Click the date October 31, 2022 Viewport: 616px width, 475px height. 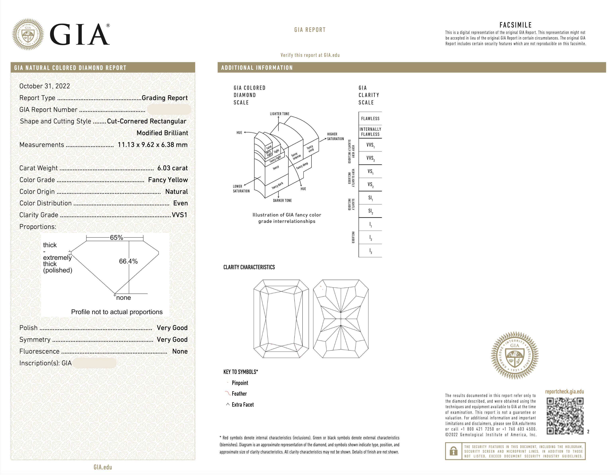45,86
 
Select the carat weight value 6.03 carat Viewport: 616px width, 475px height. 172,168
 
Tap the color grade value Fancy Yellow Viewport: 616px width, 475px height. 168,180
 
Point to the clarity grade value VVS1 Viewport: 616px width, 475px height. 179,215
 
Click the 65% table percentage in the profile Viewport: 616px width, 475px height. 116,237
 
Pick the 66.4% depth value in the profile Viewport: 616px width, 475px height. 128,261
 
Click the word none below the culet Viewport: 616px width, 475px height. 124,298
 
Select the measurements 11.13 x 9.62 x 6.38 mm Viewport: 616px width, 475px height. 152,145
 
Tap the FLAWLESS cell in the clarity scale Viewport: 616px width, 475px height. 370,118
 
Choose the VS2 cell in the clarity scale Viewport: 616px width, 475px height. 370,184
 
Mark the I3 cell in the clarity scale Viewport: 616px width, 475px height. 370,251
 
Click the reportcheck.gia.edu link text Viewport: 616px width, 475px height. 564,391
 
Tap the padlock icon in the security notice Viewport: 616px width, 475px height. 453,451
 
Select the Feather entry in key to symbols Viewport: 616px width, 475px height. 239,393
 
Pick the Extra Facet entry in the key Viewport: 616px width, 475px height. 243,404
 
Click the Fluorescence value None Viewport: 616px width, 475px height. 180,351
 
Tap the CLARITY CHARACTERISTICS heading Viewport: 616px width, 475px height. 249,267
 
